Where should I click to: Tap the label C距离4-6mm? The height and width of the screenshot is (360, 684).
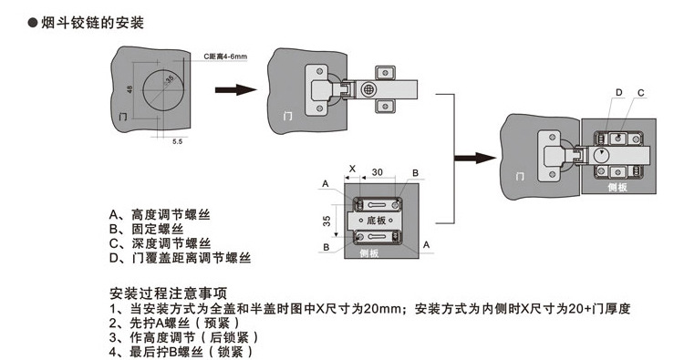point(227,57)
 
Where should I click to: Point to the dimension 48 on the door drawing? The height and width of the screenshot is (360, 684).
point(130,91)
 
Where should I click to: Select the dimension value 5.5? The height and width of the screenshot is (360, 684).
point(176,142)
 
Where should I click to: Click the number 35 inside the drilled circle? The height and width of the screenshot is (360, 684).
point(170,80)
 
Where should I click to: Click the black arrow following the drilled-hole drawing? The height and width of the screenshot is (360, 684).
point(233,90)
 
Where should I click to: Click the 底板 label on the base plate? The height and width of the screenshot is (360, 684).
point(377,221)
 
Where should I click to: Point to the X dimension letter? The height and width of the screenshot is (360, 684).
point(351,170)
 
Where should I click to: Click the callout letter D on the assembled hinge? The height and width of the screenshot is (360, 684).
point(617,92)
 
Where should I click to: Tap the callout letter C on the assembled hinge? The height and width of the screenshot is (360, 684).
point(641,92)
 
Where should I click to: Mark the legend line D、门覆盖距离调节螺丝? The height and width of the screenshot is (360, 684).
point(180,260)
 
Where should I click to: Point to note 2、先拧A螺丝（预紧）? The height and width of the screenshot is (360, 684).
point(173,323)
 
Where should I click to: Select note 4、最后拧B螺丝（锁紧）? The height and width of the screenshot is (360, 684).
point(181,351)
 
